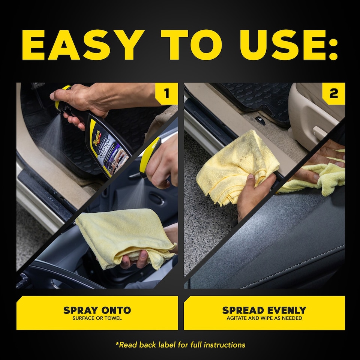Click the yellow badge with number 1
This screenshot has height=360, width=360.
pyautogui.click(x=166, y=93)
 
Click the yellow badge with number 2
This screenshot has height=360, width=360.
pyautogui.click(x=333, y=93)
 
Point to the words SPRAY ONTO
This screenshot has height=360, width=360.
pyautogui.click(x=97, y=310)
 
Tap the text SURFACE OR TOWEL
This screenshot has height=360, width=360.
pyautogui.click(x=97, y=318)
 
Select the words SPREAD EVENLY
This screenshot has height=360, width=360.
pyautogui.click(x=264, y=310)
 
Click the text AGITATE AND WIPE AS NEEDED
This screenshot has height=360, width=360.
pyautogui.click(x=264, y=318)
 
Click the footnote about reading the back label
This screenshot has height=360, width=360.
pyautogui.click(x=180, y=344)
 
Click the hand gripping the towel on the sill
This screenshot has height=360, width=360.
pyautogui.click(x=255, y=195)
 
